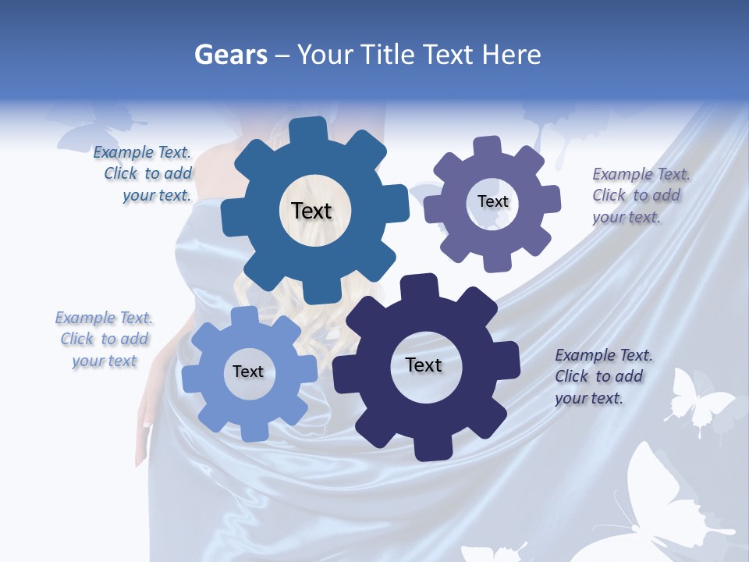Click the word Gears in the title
click(x=229, y=55)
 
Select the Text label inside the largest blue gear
click(x=311, y=211)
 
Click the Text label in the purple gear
click(x=492, y=201)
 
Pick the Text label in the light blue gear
click(x=248, y=372)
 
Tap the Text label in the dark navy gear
click(x=424, y=365)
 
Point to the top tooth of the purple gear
click(x=488, y=148)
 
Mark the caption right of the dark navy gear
click(x=602, y=376)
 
